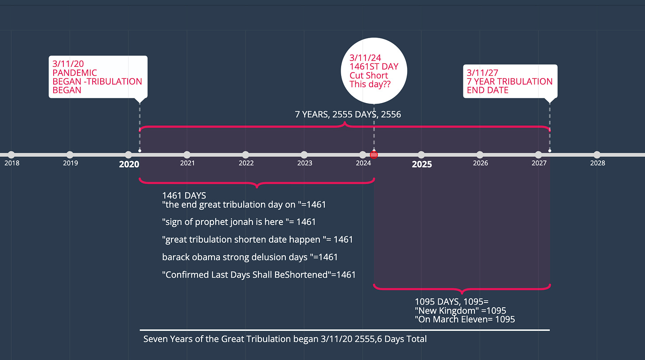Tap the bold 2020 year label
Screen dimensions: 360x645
tap(129, 164)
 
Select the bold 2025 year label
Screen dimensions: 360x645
tap(422, 164)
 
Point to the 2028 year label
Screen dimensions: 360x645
tap(597, 163)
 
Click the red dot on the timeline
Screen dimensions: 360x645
tap(374, 155)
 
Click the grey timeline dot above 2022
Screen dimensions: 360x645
tap(245, 155)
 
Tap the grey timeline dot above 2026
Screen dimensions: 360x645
tap(480, 155)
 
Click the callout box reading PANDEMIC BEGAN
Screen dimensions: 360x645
tap(97, 77)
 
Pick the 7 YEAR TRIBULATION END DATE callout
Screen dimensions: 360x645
tap(510, 81)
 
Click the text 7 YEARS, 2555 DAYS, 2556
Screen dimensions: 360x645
tap(348, 115)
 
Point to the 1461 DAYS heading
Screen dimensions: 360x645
tap(184, 195)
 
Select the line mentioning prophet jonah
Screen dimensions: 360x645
tap(239, 221)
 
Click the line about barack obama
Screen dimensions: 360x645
tap(250, 257)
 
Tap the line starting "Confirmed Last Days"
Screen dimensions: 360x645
tap(259, 275)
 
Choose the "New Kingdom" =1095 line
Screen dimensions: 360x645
tap(460, 310)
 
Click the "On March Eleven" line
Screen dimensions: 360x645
tap(465, 319)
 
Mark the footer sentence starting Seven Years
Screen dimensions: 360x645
tap(285, 339)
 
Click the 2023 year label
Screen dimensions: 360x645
tap(304, 163)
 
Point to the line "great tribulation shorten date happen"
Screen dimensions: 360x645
tap(257, 240)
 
